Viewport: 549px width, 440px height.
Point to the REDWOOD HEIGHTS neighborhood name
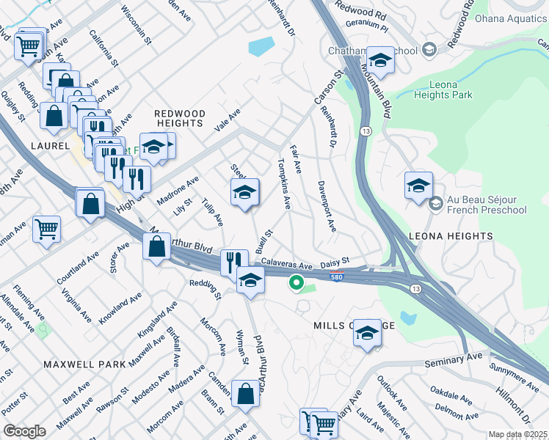click(179, 119)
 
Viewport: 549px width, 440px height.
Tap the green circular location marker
click(297, 282)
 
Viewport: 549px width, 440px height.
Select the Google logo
click(24, 430)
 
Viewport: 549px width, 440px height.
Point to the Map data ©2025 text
click(517, 434)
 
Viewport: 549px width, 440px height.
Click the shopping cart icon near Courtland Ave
click(46, 229)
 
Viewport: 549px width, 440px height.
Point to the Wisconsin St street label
click(135, 26)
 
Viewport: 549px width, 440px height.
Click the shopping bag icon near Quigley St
click(54, 115)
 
